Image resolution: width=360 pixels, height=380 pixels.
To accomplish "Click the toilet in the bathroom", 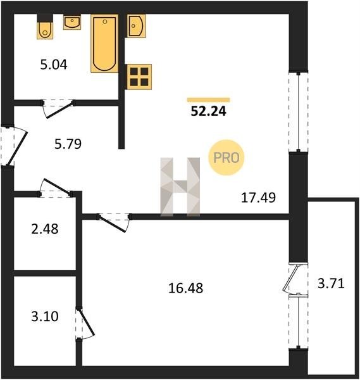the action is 45,27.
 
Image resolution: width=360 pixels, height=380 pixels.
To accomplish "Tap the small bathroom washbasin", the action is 72,22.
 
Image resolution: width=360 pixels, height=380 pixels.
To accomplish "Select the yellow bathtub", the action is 104,43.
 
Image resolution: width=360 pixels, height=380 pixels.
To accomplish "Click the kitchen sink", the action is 136,26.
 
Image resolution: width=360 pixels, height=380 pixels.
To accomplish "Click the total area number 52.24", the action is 208,111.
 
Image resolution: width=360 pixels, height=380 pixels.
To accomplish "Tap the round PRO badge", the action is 227,158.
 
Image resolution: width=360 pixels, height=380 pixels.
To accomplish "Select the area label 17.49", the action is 259,197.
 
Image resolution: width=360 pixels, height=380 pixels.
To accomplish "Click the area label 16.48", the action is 185,288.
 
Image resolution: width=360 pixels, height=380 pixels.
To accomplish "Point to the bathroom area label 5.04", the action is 54,65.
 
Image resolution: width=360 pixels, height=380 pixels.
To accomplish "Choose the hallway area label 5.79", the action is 68,144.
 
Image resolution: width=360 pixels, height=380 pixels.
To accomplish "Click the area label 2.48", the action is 45,229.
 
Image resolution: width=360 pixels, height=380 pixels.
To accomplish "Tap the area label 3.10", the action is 45,317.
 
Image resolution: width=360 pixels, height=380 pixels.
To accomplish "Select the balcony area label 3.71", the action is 331,283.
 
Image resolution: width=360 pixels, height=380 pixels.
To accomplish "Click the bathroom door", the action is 59,110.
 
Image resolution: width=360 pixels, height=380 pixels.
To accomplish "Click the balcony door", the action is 290,278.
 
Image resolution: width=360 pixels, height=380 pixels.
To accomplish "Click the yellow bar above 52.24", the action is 208,99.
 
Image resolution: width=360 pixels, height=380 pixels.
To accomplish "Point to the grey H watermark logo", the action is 180,187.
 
